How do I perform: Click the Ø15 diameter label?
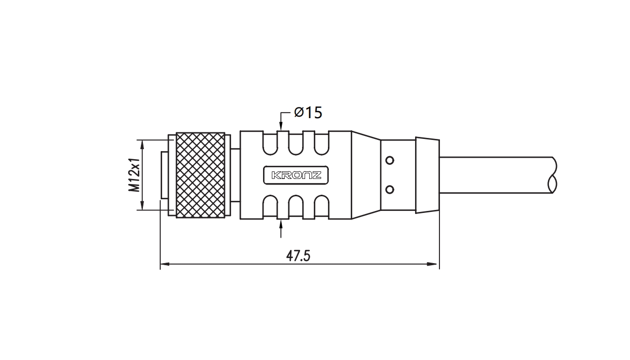308,113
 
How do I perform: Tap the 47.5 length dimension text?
298,256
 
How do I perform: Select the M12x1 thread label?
134,175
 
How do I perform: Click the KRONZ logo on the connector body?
296,175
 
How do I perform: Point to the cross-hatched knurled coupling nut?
200,175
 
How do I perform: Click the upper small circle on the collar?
390,160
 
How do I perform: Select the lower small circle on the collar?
390,190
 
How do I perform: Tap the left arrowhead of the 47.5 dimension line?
165,264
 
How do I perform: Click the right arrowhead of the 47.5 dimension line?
432,264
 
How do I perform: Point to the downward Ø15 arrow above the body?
281,121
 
